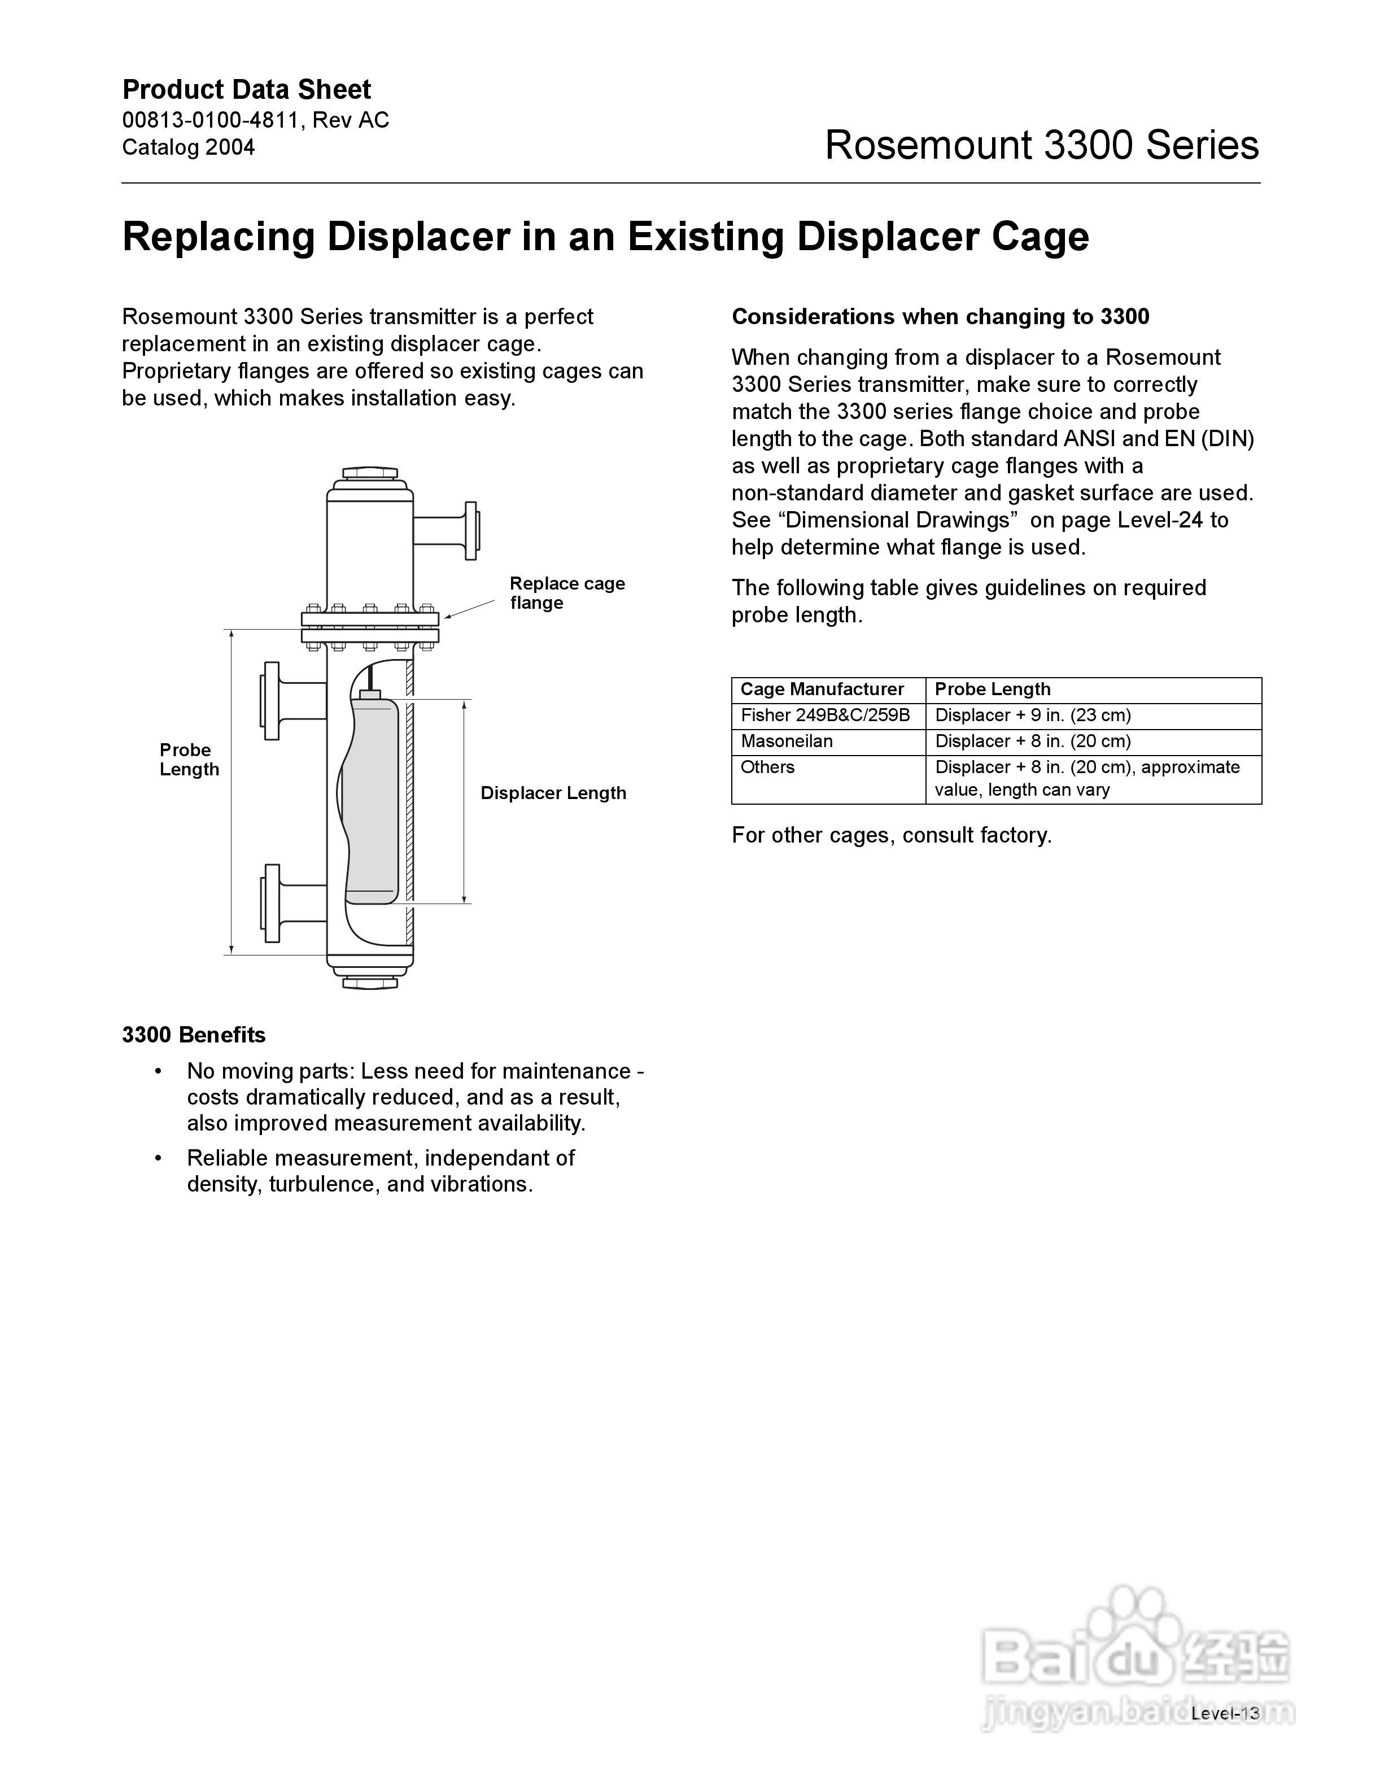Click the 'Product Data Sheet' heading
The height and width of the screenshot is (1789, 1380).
[247, 89]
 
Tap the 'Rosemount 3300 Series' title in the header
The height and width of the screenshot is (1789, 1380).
[1041, 145]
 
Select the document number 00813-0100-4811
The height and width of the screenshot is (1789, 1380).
[211, 120]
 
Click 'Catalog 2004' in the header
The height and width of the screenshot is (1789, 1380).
[189, 147]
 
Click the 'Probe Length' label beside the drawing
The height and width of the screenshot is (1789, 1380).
[189, 760]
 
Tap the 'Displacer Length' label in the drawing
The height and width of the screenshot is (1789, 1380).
[553, 793]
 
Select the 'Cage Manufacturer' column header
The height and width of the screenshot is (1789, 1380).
[822, 690]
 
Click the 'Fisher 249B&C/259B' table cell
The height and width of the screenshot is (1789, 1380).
[825, 715]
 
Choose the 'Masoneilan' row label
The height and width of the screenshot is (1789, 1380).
[786, 741]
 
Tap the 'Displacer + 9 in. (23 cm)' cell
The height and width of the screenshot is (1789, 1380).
[1032, 715]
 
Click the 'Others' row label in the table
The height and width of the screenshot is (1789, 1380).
[767, 767]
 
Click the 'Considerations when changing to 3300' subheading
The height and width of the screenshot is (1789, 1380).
[940, 317]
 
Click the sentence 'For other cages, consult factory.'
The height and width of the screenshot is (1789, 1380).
[891, 836]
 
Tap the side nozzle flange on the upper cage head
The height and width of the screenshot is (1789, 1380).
[470, 531]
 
